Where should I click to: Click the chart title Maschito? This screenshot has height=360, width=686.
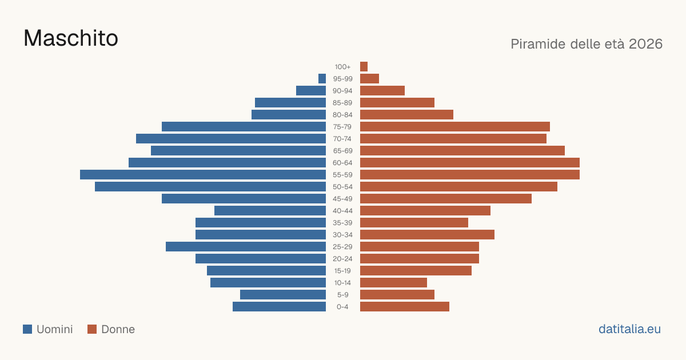click(x=71, y=38)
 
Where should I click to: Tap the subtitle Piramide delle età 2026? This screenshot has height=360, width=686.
click(x=587, y=44)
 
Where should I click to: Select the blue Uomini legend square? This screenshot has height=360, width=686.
click(x=27, y=329)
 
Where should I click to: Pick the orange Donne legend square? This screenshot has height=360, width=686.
click(x=92, y=329)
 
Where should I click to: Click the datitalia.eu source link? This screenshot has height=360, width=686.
click(x=629, y=329)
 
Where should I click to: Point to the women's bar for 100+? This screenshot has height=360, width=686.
click(x=364, y=66)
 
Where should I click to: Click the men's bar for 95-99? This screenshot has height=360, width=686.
click(x=322, y=78)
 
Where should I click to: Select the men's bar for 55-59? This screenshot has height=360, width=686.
click(x=203, y=174)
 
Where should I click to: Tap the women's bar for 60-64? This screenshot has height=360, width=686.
click(x=470, y=162)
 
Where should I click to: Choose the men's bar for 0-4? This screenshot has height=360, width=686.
click(x=280, y=306)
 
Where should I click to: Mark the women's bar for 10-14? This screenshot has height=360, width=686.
click(x=393, y=282)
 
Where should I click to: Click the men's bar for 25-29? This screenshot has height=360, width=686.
click(x=246, y=246)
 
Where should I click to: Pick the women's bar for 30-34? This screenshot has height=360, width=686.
click(x=427, y=234)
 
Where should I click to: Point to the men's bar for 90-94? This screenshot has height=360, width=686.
click(x=311, y=91)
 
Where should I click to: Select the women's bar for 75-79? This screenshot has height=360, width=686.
click(x=455, y=126)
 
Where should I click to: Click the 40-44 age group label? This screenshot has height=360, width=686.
click(x=342, y=211)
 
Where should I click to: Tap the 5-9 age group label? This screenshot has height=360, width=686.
click(x=342, y=295)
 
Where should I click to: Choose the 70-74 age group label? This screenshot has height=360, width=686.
click(x=342, y=139)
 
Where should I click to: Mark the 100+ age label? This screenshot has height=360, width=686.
click(x=342, y=67)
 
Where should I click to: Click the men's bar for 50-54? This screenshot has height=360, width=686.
click(x=210, y=186)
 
